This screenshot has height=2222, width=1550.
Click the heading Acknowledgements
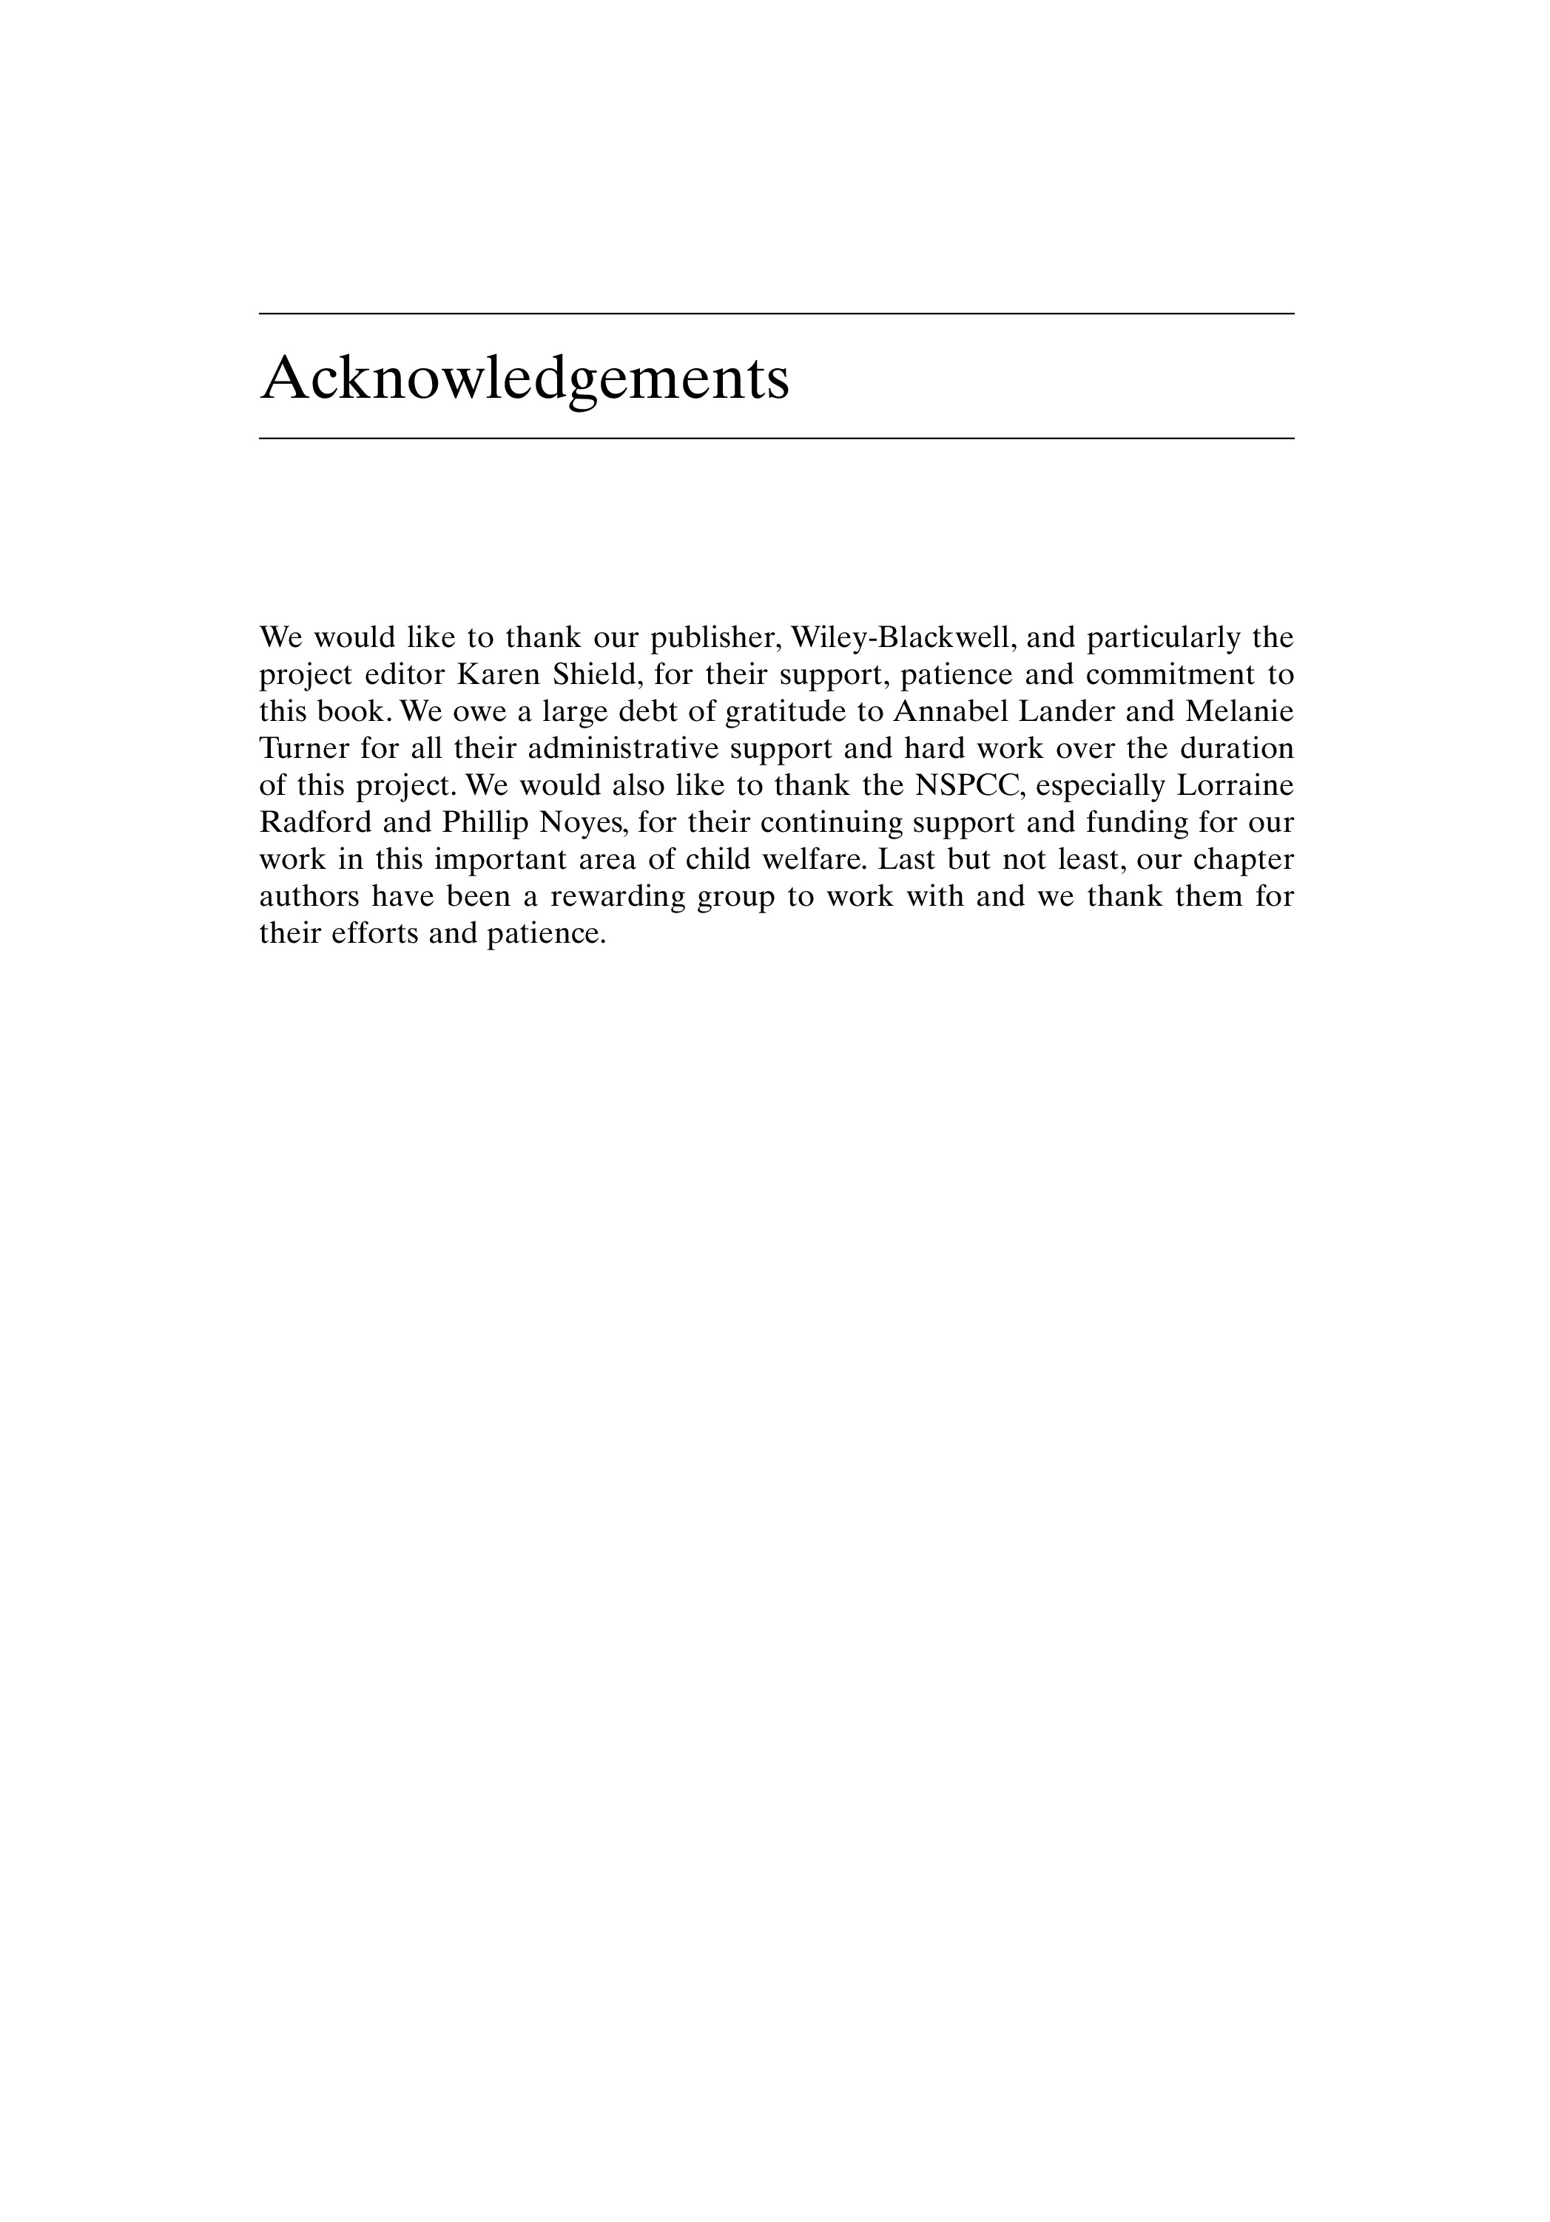click(525, 379)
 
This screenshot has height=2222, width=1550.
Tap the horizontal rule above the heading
click(775, 314)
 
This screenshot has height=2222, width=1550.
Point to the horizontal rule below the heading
click(775, 438)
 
